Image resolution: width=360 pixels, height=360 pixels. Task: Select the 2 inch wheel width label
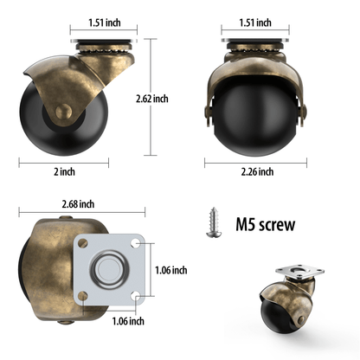(x=64, y=172)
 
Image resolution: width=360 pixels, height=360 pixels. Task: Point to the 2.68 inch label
(x=78, y=204)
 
